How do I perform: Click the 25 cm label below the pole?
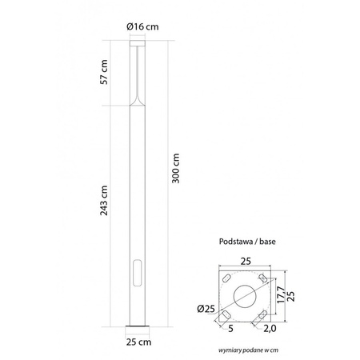pos(140,342)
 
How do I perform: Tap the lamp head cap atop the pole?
pos(140,46)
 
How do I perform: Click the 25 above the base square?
pos(246,260)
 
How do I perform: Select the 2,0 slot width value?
pos(270,328)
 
